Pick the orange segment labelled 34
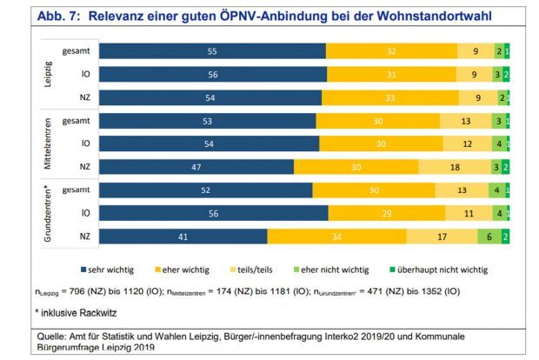[x=336, y=236]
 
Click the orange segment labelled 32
[x=391, y=51]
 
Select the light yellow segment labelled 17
[x=442, y=236]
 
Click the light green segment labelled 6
[x=489, y=236]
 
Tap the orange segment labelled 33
[x=388, y=97]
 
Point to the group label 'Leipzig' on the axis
[x=49, y=74]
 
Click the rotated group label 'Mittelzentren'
[x=49, y=143]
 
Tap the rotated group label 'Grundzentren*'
[x=49, y=212]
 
